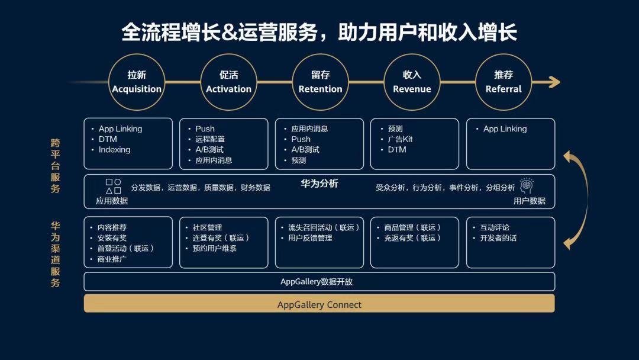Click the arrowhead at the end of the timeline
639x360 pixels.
point(555,82)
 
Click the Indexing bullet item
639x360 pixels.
point(114,150)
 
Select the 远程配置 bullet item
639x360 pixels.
point(210,139)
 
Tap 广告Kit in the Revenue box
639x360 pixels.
point(400,139)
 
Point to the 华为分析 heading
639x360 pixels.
point(319,184)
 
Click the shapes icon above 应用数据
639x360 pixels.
point(113,187)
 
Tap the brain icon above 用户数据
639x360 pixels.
point(527,185)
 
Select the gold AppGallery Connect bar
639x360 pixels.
point(319,304)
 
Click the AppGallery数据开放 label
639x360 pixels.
point(317,282)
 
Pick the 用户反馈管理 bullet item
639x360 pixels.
point(310,237)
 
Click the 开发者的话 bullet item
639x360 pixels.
point(498,237)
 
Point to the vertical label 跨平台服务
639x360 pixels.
point(56,166)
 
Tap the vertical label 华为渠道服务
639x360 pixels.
point(56,254)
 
